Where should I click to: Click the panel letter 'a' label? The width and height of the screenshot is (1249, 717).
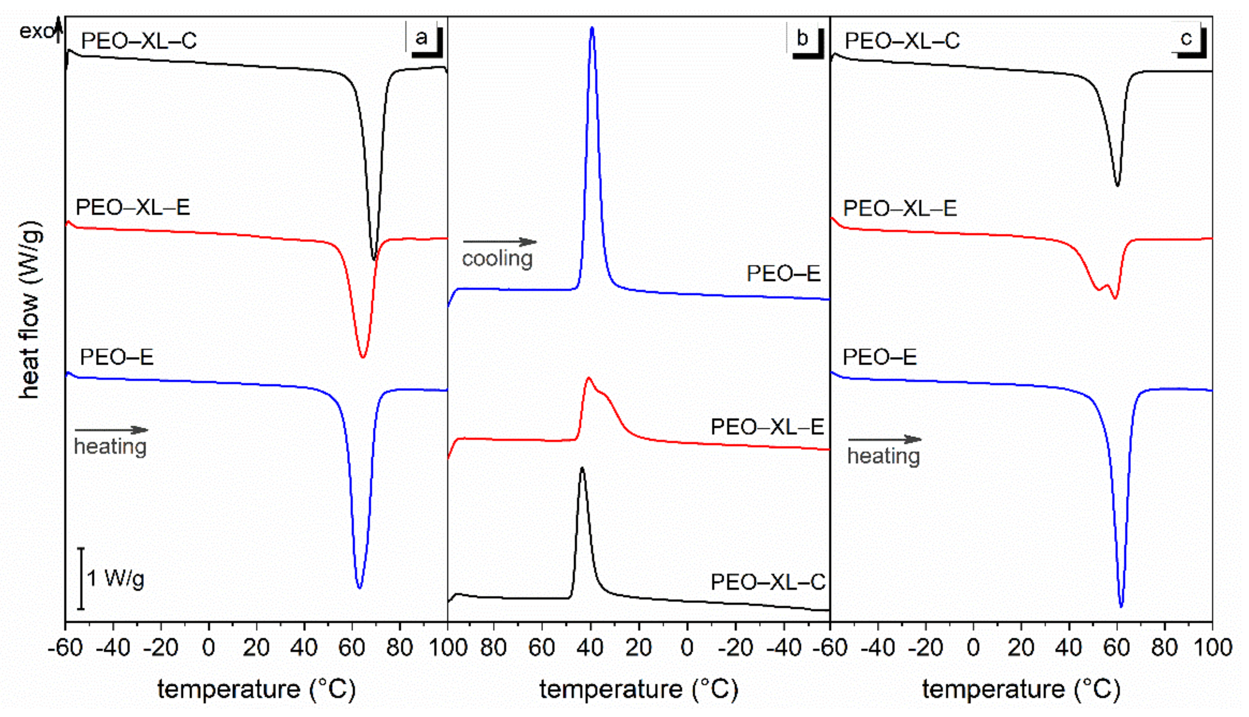[x=421, y=38]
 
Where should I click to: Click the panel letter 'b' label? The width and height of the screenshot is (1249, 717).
[x=802, y=38]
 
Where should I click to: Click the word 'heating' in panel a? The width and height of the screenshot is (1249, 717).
[x=111, y=447]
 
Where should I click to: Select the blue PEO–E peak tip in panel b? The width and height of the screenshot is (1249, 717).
[x=592, y=28]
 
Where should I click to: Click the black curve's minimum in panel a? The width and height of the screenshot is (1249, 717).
[x=374, y=259]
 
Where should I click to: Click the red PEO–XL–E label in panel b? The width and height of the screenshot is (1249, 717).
[x=767, y=427]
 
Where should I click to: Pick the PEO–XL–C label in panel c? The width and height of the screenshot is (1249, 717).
[x=902, y=40]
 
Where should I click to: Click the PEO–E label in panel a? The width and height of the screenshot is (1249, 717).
[x=117, y=357]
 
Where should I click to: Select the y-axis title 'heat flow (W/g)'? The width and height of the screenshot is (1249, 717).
[x=29, y=310]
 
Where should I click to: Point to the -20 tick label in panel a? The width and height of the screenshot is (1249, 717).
[x=160, y=647]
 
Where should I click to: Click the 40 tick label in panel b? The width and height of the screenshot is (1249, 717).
[x=590, y=647]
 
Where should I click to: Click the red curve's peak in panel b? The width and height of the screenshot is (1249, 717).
[x=589, y=378]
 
